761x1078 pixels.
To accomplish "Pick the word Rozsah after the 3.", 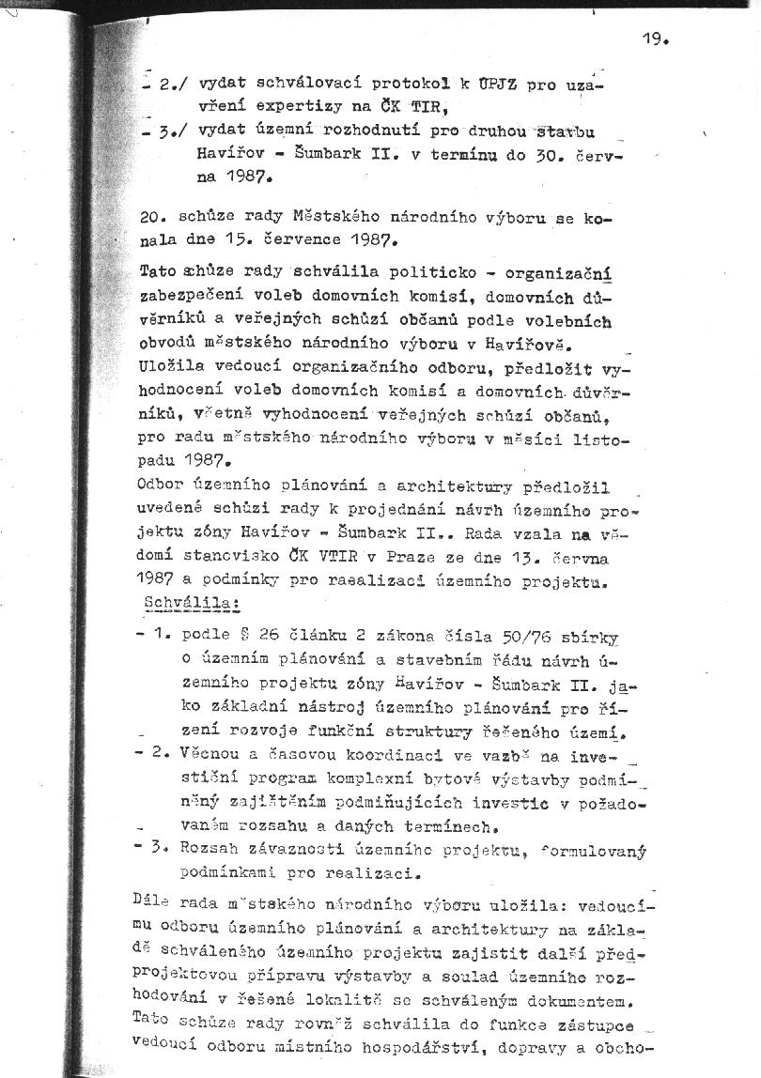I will (x=211, y=851).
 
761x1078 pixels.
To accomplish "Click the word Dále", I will (x=152, y=903).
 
